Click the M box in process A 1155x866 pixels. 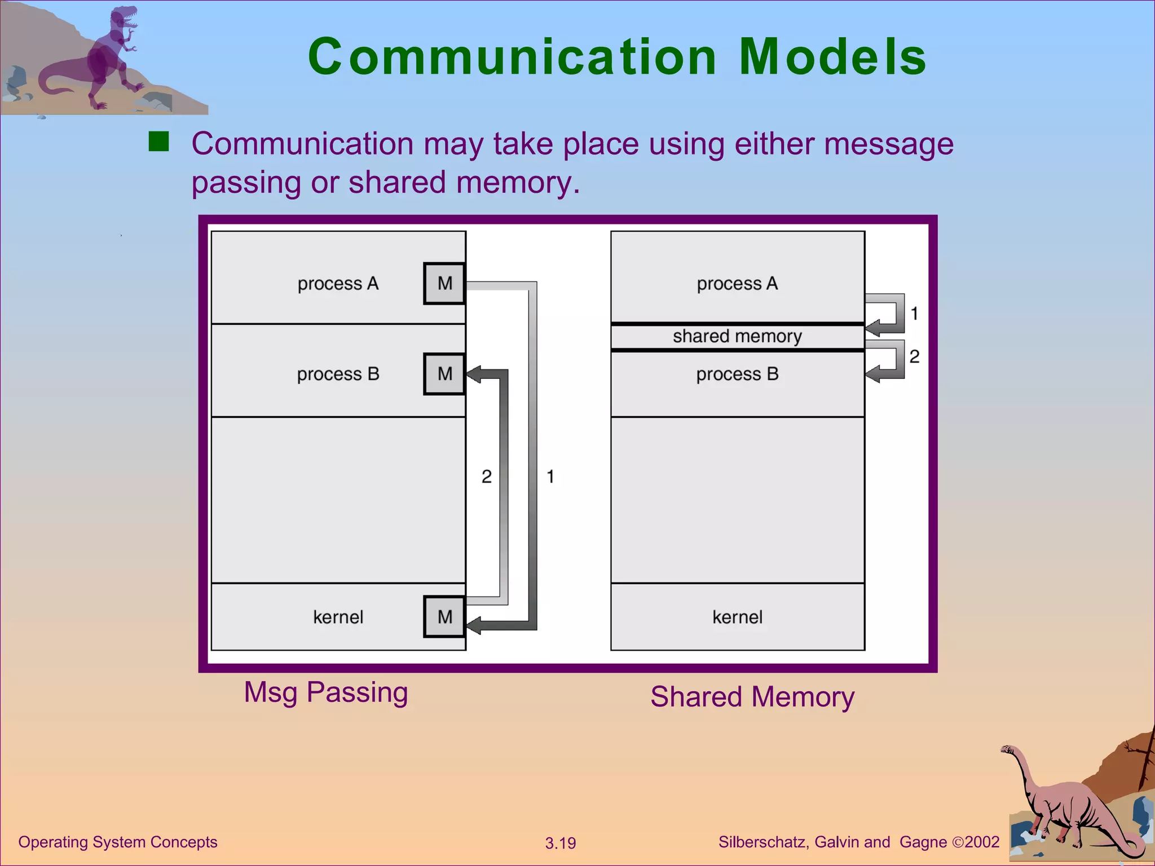pos(444,283)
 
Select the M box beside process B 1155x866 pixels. pos(444,374)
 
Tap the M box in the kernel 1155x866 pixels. pos(444,617)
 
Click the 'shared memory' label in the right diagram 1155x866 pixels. pos(737,336)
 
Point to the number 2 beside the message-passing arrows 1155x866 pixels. pos(486,476)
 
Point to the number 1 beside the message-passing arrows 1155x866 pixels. pos(550,476)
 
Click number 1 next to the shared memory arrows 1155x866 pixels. pos(914,313)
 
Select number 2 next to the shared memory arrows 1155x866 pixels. pos(914,356)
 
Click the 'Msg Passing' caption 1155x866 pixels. pos(325,692)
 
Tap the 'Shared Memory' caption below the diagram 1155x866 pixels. pos(752,697)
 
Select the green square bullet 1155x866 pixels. pos(158,142)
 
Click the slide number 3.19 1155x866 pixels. pos(560,843)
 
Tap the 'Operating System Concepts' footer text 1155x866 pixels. pos(117,842)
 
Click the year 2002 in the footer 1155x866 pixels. pos(982,842)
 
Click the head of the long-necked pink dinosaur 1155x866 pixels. pos(1008,750)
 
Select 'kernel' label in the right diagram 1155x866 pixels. pos(737,617)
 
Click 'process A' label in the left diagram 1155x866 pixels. pos(338,283)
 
